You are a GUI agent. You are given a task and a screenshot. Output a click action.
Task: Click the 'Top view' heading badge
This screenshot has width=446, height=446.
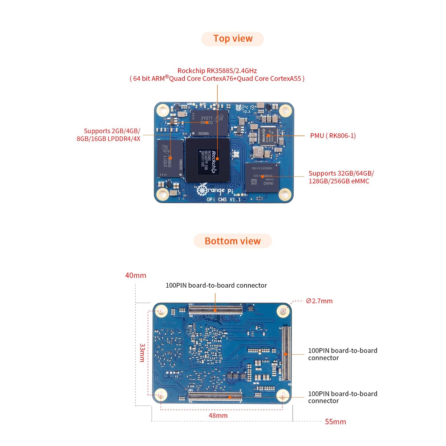(x=232, y=39)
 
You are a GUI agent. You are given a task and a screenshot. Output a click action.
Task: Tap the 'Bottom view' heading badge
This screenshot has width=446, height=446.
(x=232, y=241)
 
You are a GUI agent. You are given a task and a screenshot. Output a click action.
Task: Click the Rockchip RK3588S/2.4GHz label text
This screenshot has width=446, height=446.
(x=217, y=71)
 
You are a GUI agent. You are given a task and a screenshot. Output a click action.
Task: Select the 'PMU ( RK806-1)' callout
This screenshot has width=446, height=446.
(x=333, y=136)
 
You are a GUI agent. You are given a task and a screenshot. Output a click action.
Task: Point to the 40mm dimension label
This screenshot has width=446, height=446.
(x=135, y=275)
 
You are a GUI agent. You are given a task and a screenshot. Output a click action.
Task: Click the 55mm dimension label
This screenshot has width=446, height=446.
(x=335, y=422)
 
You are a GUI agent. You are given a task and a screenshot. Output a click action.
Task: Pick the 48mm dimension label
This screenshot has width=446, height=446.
(x=218, y=416)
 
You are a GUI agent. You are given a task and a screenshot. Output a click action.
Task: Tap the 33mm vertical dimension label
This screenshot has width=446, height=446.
(x=142, y=352)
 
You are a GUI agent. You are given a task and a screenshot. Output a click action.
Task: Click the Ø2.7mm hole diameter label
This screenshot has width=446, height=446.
(x=319, y=301)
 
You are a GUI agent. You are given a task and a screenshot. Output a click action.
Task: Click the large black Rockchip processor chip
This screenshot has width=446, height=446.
(x=207, y=160)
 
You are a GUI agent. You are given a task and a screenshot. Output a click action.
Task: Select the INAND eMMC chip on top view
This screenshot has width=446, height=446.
(x=262, y=177)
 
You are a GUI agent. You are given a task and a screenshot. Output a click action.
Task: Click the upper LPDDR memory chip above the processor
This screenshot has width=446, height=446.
(x=209, y=123)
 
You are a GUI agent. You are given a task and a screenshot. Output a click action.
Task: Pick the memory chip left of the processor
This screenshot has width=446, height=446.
(x=170, y=158)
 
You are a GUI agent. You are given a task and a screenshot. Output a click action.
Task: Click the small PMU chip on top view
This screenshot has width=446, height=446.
(x=268, y=135)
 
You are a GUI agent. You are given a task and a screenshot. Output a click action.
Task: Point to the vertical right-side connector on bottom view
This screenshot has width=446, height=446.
(x=286, y=353)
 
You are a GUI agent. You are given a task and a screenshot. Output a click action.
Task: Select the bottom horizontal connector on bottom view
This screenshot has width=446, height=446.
(x=215, y=397)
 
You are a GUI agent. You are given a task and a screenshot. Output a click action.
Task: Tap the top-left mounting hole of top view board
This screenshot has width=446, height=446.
(x=163, y=110)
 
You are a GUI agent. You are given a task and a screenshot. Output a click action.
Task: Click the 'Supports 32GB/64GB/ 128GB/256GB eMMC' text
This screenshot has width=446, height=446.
(x=341, y=177)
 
